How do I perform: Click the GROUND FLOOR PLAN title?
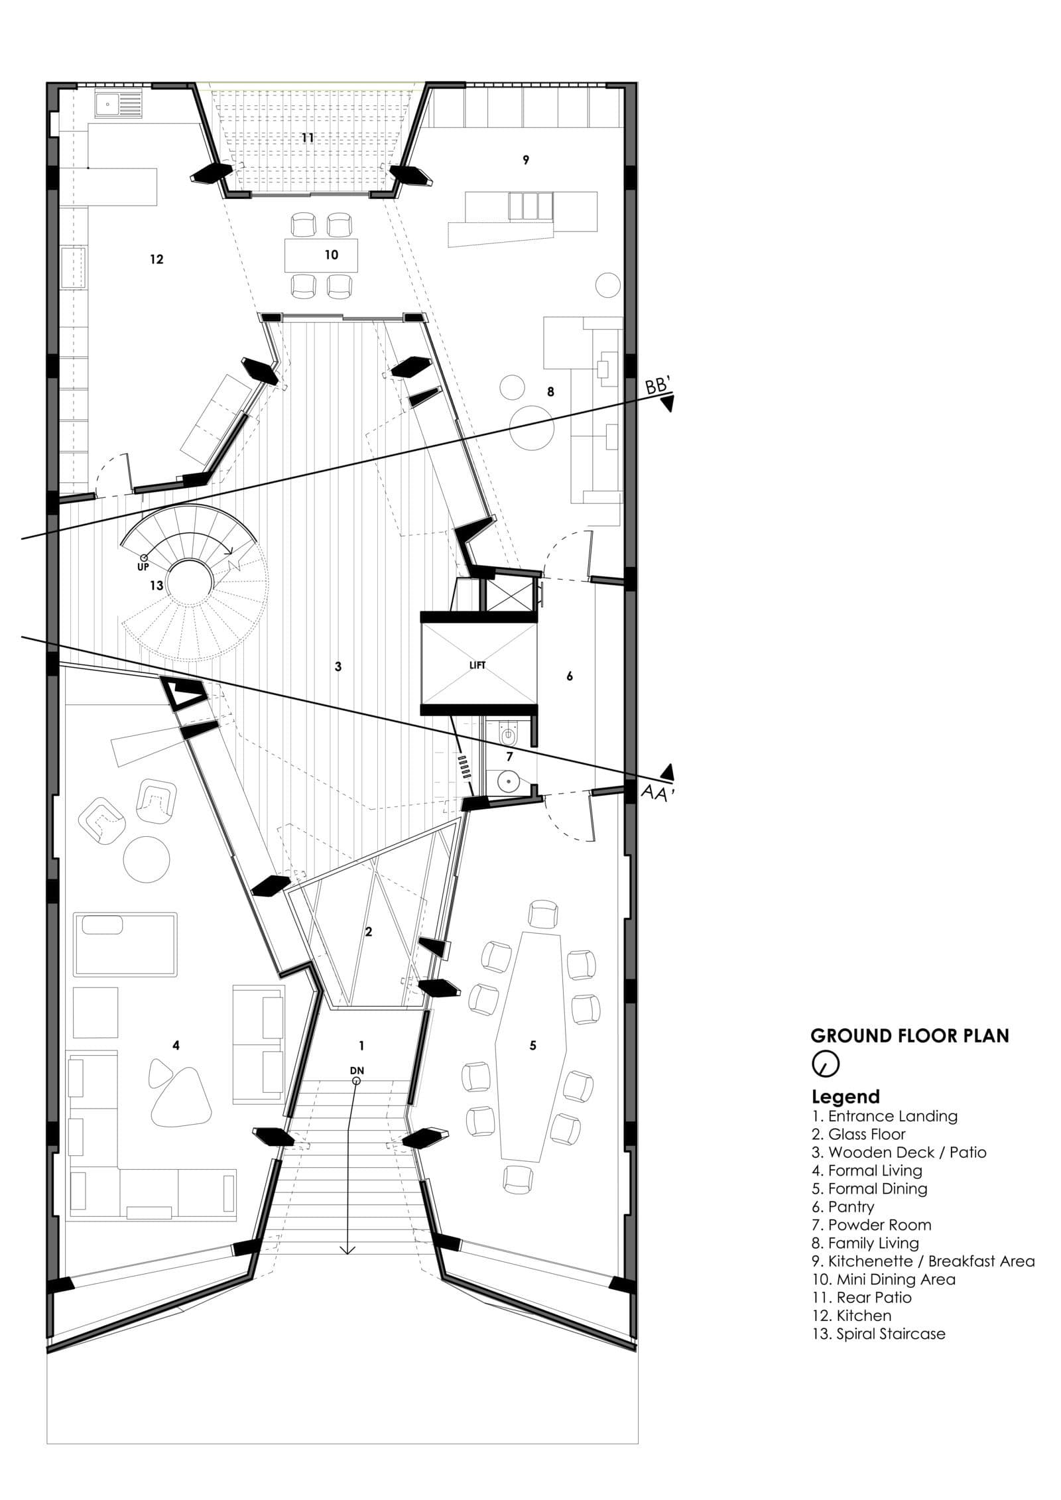coord(910,1036)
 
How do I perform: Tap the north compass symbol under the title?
coord(826,1064)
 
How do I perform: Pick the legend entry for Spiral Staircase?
coord(879,1334)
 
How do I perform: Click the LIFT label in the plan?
coord(477,665)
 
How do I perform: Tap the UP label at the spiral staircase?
coord(143,567)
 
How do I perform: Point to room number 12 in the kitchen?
coord(156,259)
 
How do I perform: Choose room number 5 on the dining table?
coord(532,1046)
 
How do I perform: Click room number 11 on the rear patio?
coord(307,138)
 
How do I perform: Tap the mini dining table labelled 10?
coord(322,255)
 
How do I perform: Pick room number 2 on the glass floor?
coord(369,932)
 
